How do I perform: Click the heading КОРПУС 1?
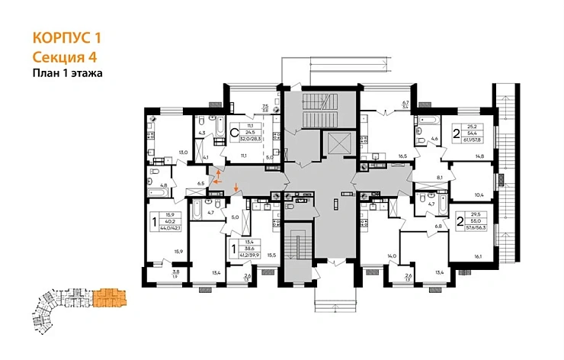66,37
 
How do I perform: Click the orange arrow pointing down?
236,188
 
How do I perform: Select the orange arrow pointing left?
213,182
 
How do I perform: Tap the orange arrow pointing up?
220,175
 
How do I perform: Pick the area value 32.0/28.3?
250,140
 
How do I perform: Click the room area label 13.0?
183,153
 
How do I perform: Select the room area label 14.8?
479,156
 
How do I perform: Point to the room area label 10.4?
480,196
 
